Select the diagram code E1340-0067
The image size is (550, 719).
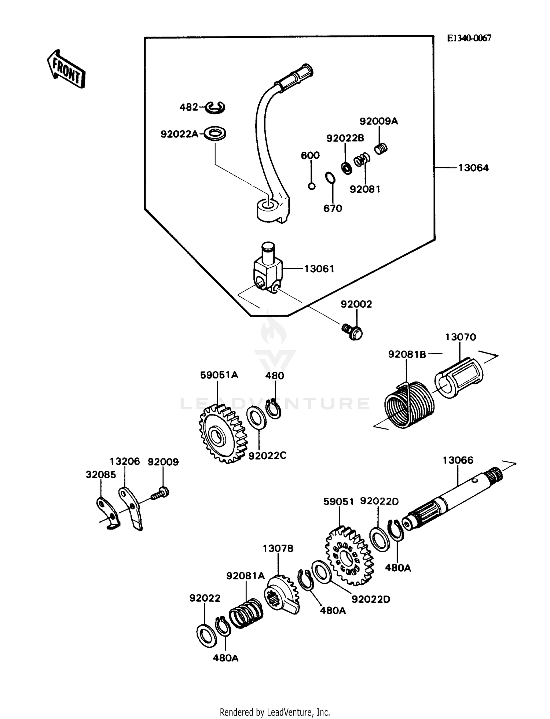tap(469, 38)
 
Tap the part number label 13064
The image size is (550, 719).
tap(473, 168)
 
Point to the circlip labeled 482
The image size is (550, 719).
tap(215, 107)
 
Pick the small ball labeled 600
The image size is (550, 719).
tap(311, 186)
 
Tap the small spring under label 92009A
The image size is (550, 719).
tap(381, 149)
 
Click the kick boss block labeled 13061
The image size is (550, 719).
tap(268, 269)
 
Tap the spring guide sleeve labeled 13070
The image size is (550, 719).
tap(459, 378)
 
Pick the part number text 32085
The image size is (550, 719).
tap(101, 475)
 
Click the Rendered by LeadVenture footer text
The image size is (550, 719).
tap(275, 712)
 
